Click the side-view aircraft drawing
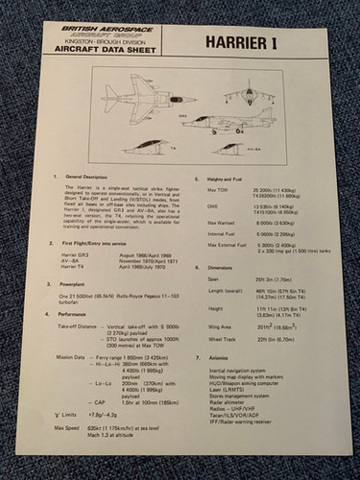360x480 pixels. [x=229, y=125]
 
